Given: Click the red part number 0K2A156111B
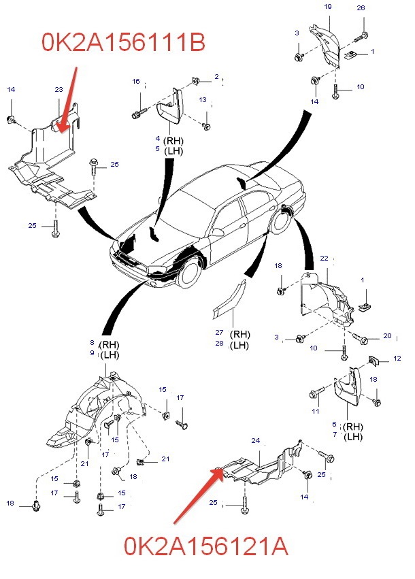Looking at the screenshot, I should pyautogui.click(x=124, y=42).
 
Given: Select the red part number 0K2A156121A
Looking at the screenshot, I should pyautogui.click(x=205, y=546).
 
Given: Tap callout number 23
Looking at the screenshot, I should pyautogui.click(x=59, y=89).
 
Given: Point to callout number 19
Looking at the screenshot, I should pyautogui.click(x=327, y=6).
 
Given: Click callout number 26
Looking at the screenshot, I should pyautogui.click(x=361, y=8).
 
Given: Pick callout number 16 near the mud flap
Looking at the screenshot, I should pyautogui.click(x=136, y=82).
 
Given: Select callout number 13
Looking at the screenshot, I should pyautogui.click(x=203, y=100).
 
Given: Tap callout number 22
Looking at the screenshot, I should pyautogui.click(x=324, y=259).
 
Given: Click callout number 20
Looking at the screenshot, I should pyautogui.click(x=387, y=336).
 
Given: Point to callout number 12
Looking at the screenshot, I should pyautogui.click(x=397, y=359).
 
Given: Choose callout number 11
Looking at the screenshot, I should pyautogui.click(x=316, y=412).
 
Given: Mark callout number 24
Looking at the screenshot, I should pyautogui.click(x=256, y=441).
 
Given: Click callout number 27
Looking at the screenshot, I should pyautogui.click(x=219, y=333).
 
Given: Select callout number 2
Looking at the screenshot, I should pyautogui.click(x=217, y=76).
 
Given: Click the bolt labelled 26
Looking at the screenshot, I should pyautogui.click(x=365, y=35).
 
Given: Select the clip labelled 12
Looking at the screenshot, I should pyautogui.click(x=374, y=359).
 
